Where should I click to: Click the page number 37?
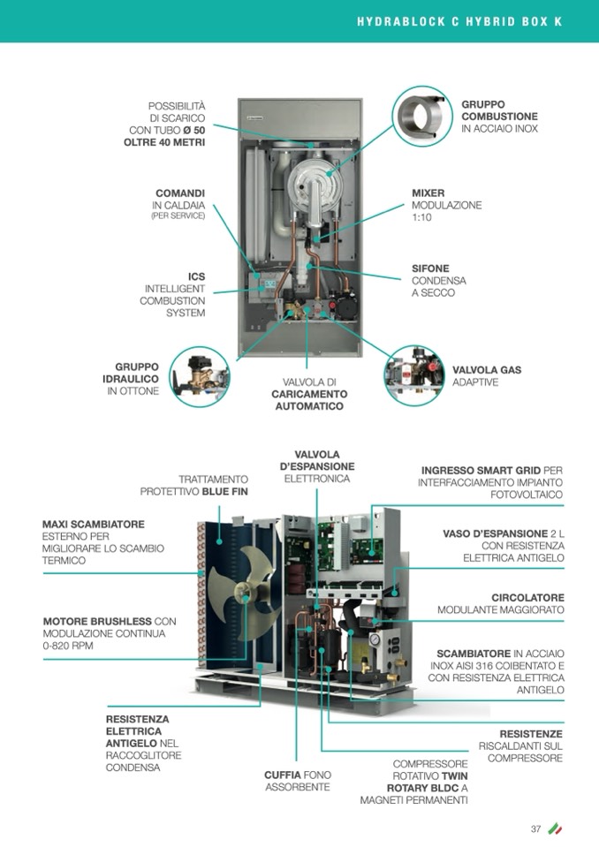[535, 828]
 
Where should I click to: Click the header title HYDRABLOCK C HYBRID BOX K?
[459, 21]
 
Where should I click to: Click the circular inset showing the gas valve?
[416, 369]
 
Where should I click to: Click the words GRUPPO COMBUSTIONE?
[499, 110]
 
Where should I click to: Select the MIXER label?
[428, 193]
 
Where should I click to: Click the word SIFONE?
[430, 268]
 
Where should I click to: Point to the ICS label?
[196, 276]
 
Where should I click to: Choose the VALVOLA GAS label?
[487, 370]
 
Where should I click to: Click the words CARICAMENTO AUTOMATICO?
[309, 400]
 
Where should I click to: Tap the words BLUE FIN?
[225, 491]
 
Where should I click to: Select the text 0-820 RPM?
[68, 646]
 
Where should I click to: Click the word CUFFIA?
[283, 775]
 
